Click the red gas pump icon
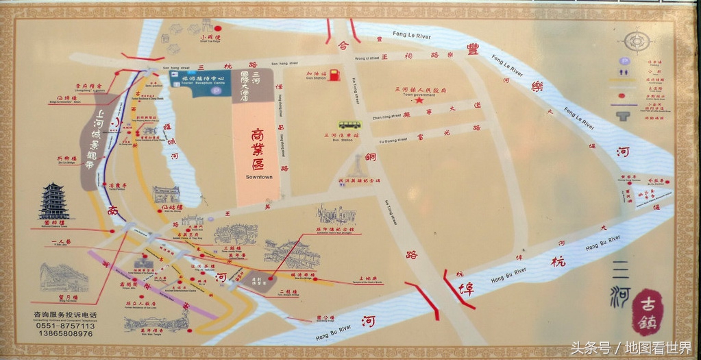coord(334,75)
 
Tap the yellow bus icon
coord(349,125)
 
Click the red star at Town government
coord(418,100)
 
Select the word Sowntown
coord(259,177)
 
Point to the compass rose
coord(637,40)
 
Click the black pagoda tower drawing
coord(53,201)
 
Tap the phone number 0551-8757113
coord(63,325)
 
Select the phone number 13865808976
coord(63,333)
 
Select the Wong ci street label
coord(367,58)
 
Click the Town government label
coord(418,94)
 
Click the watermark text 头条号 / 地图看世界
coord(631,348)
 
